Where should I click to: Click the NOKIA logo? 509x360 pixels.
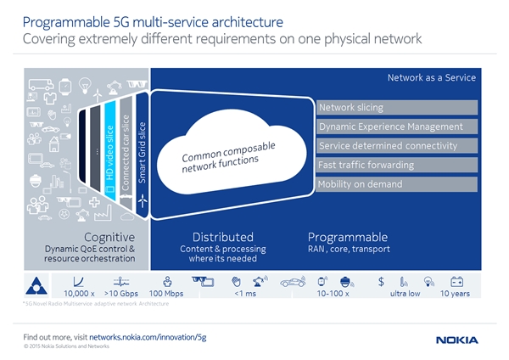457,340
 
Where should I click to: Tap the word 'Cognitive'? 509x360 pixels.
109,237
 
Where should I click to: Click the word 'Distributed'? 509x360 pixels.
222,237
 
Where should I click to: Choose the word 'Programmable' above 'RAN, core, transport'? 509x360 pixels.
348,237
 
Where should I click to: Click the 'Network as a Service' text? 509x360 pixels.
431,78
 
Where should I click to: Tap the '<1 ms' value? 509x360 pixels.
244,294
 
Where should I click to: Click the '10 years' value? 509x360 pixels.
456,294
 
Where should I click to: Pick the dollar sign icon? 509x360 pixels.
382,281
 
